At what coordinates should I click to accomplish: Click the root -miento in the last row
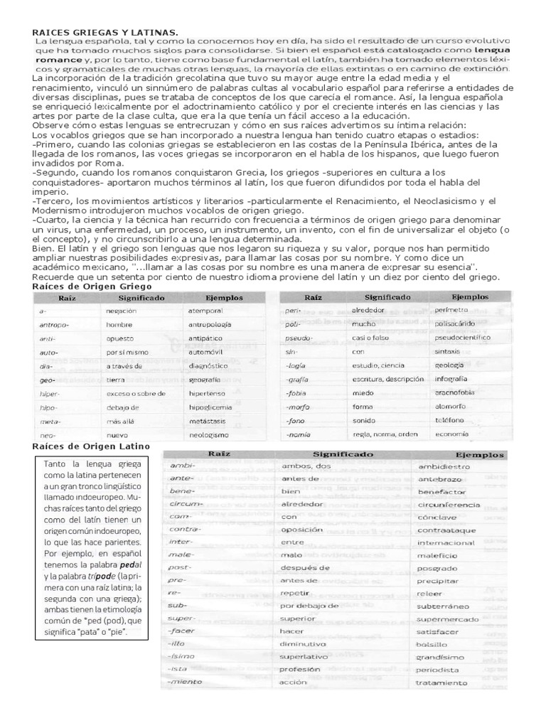click(184, 682)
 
